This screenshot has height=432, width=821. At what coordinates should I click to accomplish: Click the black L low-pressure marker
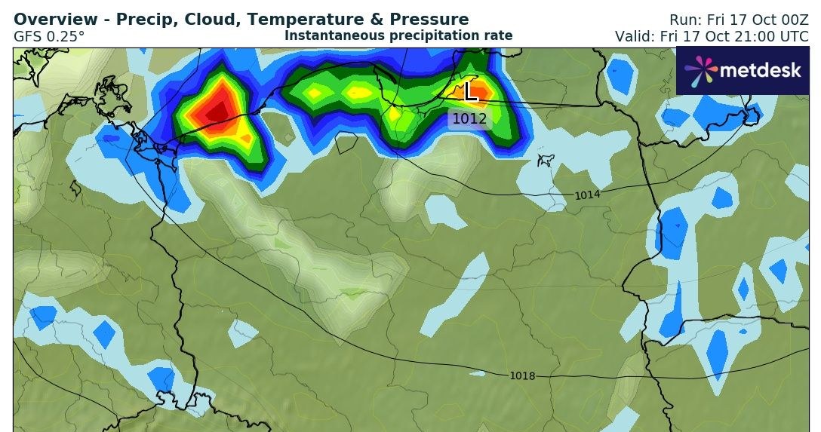coord(471,91)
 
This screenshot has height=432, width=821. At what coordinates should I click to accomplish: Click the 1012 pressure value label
coord(470,118)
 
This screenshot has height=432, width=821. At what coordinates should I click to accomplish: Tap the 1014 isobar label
coord(588,195)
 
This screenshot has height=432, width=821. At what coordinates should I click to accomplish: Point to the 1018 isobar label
coord(522,375)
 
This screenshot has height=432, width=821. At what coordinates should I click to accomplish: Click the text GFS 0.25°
coord(49,35)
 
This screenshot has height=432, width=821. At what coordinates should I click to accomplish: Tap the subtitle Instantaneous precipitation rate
coord(398,35)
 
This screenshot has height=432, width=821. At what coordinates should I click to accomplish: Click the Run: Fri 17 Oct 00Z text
coord(739,20)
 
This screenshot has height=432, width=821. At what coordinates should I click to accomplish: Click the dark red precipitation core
coord(217,112)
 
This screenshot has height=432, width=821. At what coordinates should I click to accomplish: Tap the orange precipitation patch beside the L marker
coord(483,91)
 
